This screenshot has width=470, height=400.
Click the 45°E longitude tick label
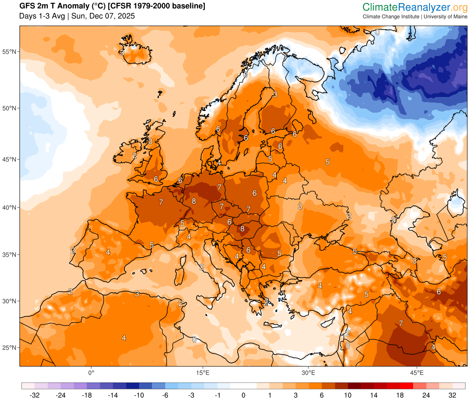[x=417, y=372]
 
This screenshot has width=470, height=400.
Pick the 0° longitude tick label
[x=91, y=372]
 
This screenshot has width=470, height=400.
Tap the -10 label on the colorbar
[x=139, y=395]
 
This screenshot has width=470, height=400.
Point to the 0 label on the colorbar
[x=243, y=395]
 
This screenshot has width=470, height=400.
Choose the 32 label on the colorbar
[x=453, y=395]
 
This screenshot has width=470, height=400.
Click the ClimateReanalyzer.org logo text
[x=414, y=7]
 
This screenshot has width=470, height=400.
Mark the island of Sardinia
[x=180, y=275]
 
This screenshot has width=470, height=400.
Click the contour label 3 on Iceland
[x=122, y=52]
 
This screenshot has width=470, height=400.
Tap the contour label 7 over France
[x=161, y=202]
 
